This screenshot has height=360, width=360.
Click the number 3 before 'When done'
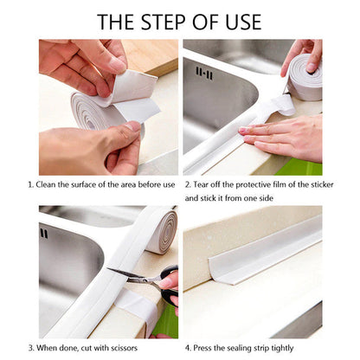(x=29, y=348)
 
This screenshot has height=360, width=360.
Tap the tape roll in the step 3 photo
(x=160, y=230)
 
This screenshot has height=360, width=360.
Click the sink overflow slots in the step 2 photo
(x=204, y=73)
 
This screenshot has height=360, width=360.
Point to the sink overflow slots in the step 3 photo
(x=44, y=234)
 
